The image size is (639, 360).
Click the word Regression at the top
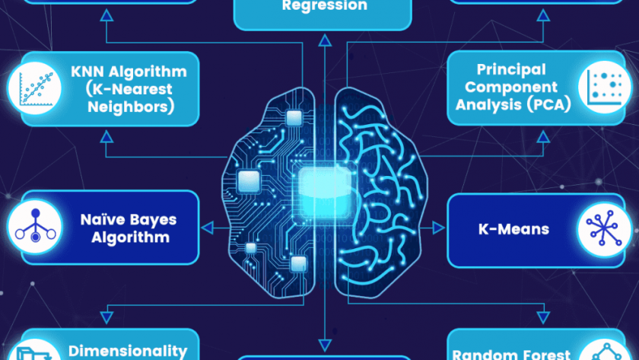click(324, 5)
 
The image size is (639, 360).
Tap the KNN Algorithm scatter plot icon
click(35, 88)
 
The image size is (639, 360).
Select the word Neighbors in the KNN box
click(131, 107)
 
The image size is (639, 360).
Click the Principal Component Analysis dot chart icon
click(604, 87)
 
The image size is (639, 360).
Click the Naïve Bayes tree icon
click(35, 226)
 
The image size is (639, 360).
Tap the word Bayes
click(157, 220)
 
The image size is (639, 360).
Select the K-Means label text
click(514, 229)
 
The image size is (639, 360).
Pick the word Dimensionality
click(128, 351)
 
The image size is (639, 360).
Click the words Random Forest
click(511, 354)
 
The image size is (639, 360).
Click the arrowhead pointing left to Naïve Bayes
click(208, 228)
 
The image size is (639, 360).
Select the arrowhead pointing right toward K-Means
click(438, 228)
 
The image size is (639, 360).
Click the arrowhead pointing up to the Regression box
click(325, 40)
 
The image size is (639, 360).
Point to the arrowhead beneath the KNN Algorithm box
click(106, 136)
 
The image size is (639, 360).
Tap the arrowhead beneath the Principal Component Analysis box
click(543, 136)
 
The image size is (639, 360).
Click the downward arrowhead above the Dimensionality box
click(106, 317)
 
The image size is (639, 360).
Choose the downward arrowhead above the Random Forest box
click(543, 317)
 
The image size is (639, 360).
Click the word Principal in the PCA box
click(511, 70)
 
